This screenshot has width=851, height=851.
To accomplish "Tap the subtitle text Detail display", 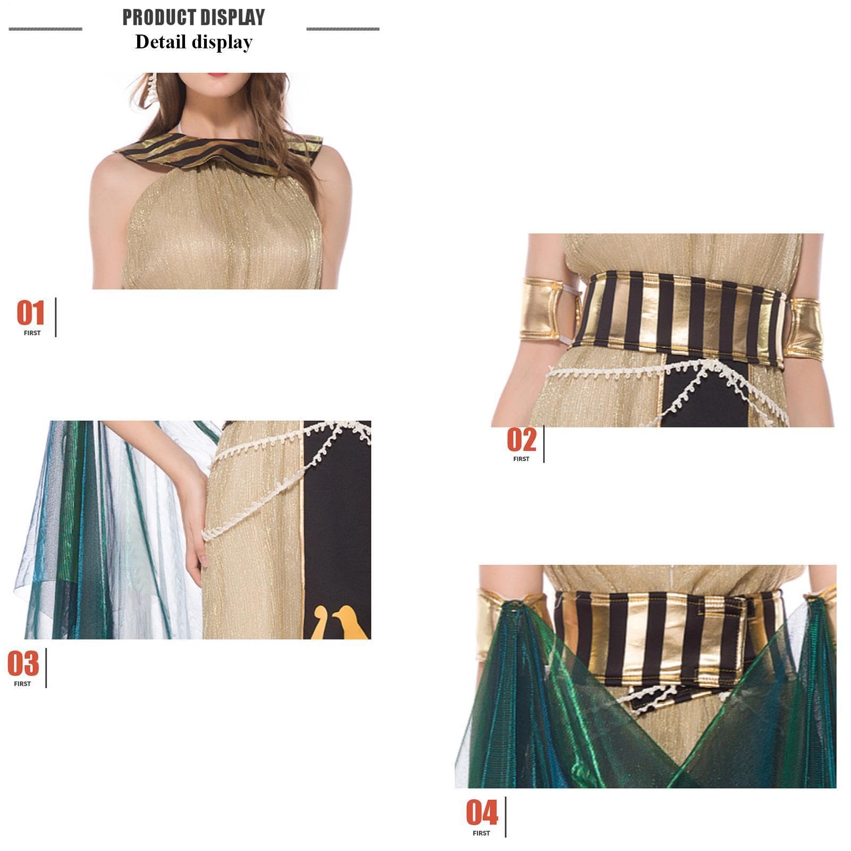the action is point(193,42).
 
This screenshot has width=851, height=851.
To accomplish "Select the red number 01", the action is point(31,313).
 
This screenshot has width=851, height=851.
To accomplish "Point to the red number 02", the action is point(521,440).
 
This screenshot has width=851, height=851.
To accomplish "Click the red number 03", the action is point(23,663).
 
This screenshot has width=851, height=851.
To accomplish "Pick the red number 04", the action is point(482,813).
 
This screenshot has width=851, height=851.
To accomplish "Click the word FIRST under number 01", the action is point(32,333).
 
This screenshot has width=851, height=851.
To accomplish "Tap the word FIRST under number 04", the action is point(481,833).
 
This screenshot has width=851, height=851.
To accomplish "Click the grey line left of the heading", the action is point(46,29).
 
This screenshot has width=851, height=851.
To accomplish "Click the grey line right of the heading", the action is point(343,29).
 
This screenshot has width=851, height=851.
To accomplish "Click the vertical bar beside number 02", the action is point(544,444).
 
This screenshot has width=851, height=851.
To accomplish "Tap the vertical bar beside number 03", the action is point(46,668).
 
